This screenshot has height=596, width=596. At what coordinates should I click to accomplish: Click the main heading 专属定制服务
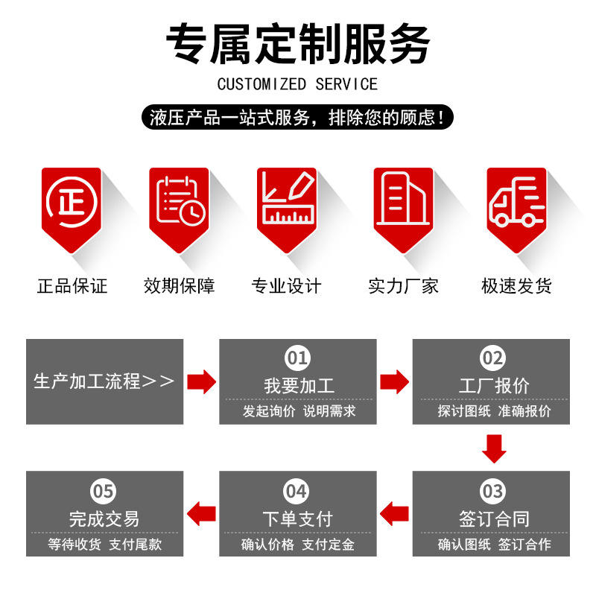(297, 43)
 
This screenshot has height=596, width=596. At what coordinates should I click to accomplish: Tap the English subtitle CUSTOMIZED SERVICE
(297, 83)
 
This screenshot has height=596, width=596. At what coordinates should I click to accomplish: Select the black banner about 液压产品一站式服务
(297, 117)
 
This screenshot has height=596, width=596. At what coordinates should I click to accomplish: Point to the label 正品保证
(72, 285)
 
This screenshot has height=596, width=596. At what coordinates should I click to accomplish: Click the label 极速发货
(516, 285)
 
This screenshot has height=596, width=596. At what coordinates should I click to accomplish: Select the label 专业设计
(287, 285)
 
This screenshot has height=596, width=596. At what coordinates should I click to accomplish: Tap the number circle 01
(298, 359)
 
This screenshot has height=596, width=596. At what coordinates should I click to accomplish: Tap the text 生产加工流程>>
(104, 381)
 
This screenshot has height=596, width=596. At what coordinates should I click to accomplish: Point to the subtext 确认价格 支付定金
(298, 545)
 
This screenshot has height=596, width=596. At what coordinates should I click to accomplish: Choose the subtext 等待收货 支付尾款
(104, 545)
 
